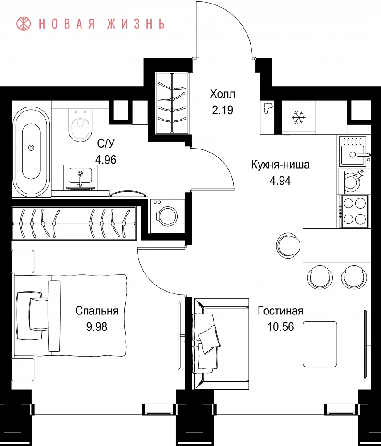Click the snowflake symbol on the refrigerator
tap(299, 117)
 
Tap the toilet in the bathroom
tap(81, 125)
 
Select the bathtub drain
tap(31, 148)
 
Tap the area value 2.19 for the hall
tap(223, 110)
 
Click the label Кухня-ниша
tap(280, 165)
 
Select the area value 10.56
tap(280, 327)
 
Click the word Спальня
tap(97, 311)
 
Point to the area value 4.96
tap(105, 160)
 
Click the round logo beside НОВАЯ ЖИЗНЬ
tap(24, 23)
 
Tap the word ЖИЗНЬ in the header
tap(136, 24)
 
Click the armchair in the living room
tap(221, 343)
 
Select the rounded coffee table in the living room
tap(320, 344)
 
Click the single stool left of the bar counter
tap(288, 245)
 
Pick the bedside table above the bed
tap(23, 261)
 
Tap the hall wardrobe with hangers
tap(172, 103)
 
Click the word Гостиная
tap(280, 311)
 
